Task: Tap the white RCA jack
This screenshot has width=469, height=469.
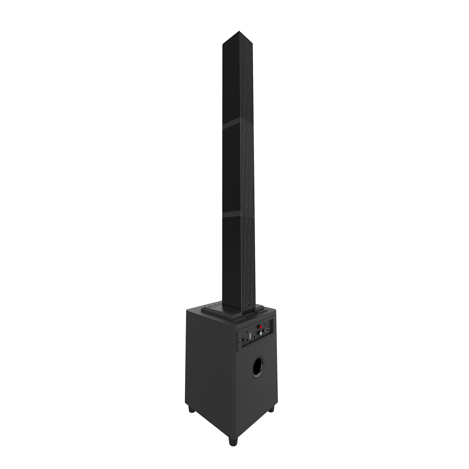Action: coord(260,333)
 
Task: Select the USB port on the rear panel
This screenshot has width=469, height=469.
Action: coord(251,336)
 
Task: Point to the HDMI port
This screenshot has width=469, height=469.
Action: coord(267,330)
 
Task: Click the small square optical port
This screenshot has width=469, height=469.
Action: coord(263,331)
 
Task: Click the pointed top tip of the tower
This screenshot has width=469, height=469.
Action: coord(239,31)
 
